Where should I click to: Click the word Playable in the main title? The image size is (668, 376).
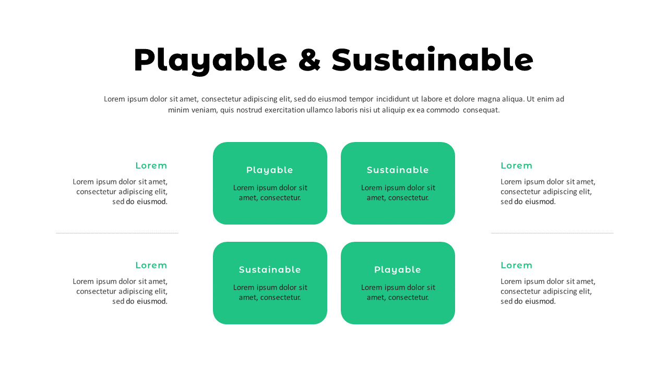click(x=210, y=60)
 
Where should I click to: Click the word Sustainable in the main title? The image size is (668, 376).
click(x=432, y=60)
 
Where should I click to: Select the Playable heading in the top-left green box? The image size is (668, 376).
click(x=270, y=170)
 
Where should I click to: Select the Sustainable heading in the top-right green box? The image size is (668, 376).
click(x=398, y=170)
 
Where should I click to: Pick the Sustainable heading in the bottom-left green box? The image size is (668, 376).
click(x=270, y=270)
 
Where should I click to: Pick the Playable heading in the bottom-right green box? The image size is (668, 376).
click(x=398, y=270)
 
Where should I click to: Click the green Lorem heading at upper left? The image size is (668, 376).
click(x=151, y=166)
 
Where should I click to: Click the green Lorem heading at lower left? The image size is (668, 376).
click(x=151, y=265)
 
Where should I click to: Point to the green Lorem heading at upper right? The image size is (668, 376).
click(x=517, y=166)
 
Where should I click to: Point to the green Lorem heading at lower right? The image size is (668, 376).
click(x=517, y=265)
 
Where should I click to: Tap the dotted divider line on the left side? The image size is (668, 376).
click(x=117, y=233)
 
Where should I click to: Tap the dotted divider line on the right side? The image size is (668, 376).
click(x=552, y=233)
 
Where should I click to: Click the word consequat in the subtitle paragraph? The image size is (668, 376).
click(x=481, y=110)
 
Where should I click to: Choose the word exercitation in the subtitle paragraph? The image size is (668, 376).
click(x=284, y=110)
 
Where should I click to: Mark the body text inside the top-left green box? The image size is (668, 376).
click(x=270, y=192)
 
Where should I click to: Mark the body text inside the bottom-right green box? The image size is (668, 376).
click(x=398, y=292)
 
